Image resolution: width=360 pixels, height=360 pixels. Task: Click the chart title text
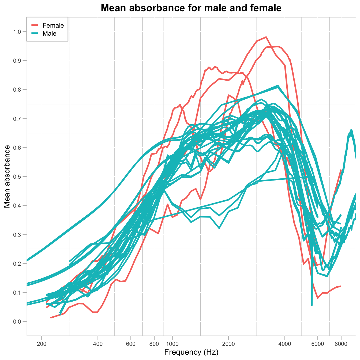[191, 8]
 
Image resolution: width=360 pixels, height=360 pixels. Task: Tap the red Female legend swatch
[35, 25]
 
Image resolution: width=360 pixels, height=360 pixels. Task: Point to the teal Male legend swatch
[35, 33]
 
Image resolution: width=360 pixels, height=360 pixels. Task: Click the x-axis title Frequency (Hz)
[191, 352]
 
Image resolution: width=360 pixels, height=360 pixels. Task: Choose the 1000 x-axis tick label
[172, 344]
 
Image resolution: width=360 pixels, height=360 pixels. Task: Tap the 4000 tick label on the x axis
[285, 344]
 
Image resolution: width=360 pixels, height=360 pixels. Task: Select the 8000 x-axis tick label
[341, 344]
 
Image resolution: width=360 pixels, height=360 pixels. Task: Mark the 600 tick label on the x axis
[131, 344]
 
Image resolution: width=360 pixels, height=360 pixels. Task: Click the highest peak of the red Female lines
[266, 37]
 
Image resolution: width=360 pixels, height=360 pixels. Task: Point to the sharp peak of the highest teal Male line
[278, 86]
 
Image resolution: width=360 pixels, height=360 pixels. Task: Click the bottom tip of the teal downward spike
[312, 305]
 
